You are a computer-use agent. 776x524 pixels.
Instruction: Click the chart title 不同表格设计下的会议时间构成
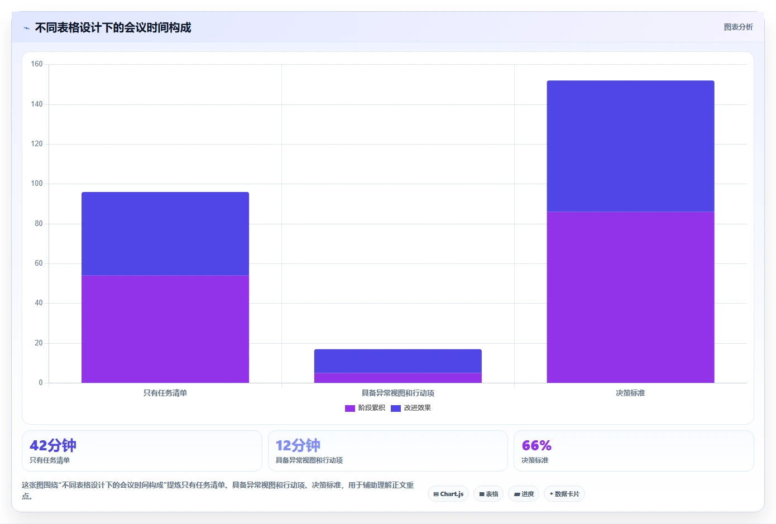[x=113, y=28]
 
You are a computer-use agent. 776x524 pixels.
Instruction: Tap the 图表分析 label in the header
[x=738, y=27]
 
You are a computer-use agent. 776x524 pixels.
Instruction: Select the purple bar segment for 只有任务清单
[x=165, y=329]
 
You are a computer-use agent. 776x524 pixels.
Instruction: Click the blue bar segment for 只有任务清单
[x=165, y=234]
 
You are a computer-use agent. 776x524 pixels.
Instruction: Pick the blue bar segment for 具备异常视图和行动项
[x=397, y=361]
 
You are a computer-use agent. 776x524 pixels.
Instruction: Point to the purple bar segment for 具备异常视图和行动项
[x=397, y=378]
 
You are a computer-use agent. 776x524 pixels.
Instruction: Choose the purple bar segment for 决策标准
[x=630, y=297]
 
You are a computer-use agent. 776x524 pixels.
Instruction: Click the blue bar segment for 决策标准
[x=630, y=146]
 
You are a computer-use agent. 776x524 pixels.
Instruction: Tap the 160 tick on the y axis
[x=37, y=64]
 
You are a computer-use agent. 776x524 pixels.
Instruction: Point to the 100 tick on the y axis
[x=37, y=184]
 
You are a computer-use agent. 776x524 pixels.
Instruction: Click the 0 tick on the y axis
[x=41, y=383]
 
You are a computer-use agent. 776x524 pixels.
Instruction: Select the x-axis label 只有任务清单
[x=165, y=393]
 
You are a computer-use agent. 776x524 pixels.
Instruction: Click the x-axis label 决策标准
[x=630, y=393]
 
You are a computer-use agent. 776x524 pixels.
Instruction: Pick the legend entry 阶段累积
[x=365, y=408]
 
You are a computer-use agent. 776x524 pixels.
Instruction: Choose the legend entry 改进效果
[x=411, y=408]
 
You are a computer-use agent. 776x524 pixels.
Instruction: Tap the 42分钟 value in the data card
[x=53, y=445]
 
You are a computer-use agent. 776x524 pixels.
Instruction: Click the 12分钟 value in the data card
[x=298, y=445]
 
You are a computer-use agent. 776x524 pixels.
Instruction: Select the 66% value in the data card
[x=537, y=446]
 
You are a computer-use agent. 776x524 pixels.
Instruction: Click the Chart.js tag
[x=448, y=494]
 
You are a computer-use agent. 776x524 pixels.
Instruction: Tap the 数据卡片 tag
[x=564, y=494]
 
